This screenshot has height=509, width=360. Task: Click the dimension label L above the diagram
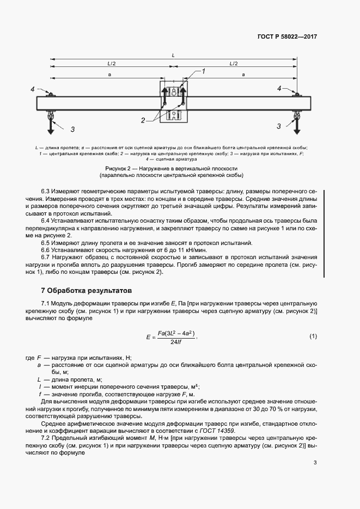[x=173, y=56]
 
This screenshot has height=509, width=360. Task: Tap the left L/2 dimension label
[x=111, y=64]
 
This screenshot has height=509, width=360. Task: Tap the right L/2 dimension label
[x=234, y=64]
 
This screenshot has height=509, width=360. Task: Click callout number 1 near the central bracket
[x=203, y=71]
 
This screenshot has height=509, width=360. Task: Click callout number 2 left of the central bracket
[x=143, y=120]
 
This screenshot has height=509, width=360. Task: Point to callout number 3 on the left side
[x=72, y=130]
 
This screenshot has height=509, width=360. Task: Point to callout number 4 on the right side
[x=279, y=88]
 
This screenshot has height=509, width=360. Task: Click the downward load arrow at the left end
[x=50, y=125]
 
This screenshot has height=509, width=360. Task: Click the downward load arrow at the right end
[x=296, y=125]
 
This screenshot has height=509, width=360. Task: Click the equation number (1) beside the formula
[x=313, y=336]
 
